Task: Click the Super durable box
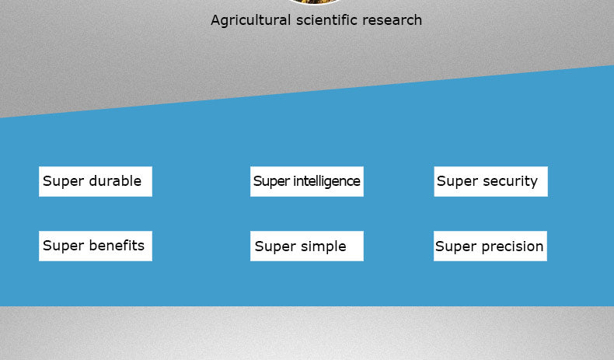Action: click(x=96, y=181)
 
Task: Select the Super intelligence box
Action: click(x=307, y=181)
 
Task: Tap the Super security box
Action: click(x=490, y=181)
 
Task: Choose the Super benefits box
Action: click(x=96, y=246)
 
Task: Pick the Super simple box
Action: click(x=307, y=246)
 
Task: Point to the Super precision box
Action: click(x=490, y=246)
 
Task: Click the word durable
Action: click(x=115, y=181)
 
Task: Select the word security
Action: click(x=510, y=181)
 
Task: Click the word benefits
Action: click(x=117, y=246)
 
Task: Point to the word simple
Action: click(x=323, y=246)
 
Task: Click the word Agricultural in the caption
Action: click(x=250, y=20)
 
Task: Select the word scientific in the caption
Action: click(x=326, y=19)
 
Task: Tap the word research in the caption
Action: click(x=392, y=20)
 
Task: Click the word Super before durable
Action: click(x=64, y=182)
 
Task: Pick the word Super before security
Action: click(x=457, y=182)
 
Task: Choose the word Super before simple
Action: click(x=275, y=247)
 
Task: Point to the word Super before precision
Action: click(x=456, y=247)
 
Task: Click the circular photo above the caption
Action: click(x=315, y=2)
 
